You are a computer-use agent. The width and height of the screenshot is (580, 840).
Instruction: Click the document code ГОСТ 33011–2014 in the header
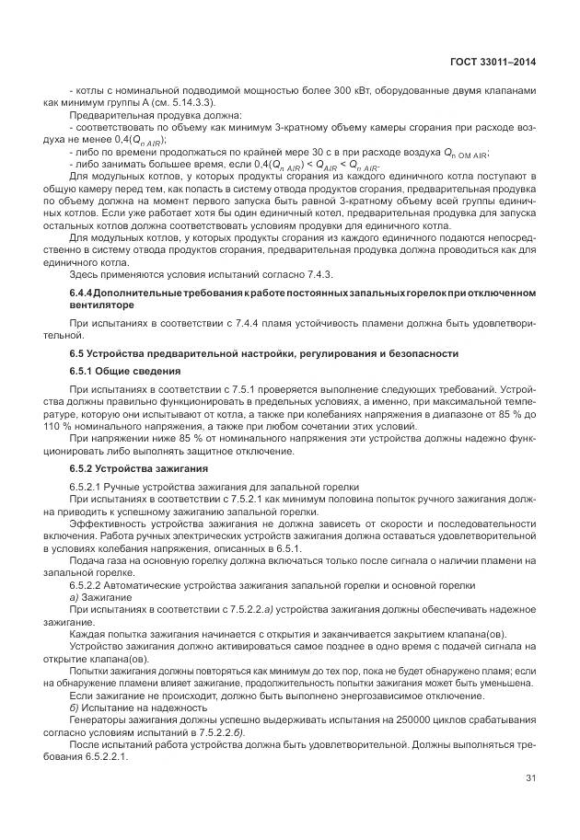coord(493,62)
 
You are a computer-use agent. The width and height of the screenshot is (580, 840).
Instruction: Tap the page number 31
coord(530,778)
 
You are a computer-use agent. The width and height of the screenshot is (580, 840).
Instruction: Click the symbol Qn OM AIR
coord(466,153)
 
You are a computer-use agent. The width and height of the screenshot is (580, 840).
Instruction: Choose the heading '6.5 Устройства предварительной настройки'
coord(225,354)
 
